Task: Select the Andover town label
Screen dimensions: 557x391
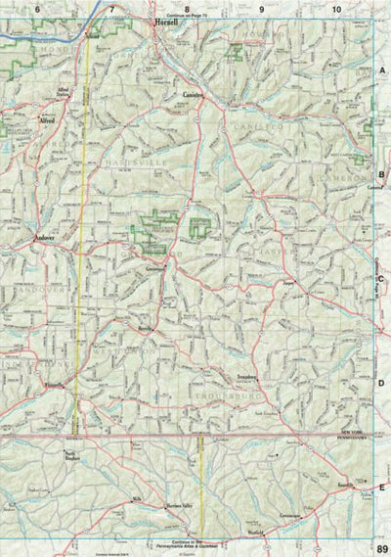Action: (x=46, y=238)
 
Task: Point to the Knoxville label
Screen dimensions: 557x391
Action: (x=345, y=487)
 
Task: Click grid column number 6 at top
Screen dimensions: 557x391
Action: (x=37, y=9)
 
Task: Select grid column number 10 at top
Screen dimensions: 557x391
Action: (x=336, y=9)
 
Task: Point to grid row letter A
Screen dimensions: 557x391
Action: (x=382, y=71)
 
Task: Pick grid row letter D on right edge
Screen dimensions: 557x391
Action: (x=382, y=384)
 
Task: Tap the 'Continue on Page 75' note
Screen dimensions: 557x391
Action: (x=189, y=18)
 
